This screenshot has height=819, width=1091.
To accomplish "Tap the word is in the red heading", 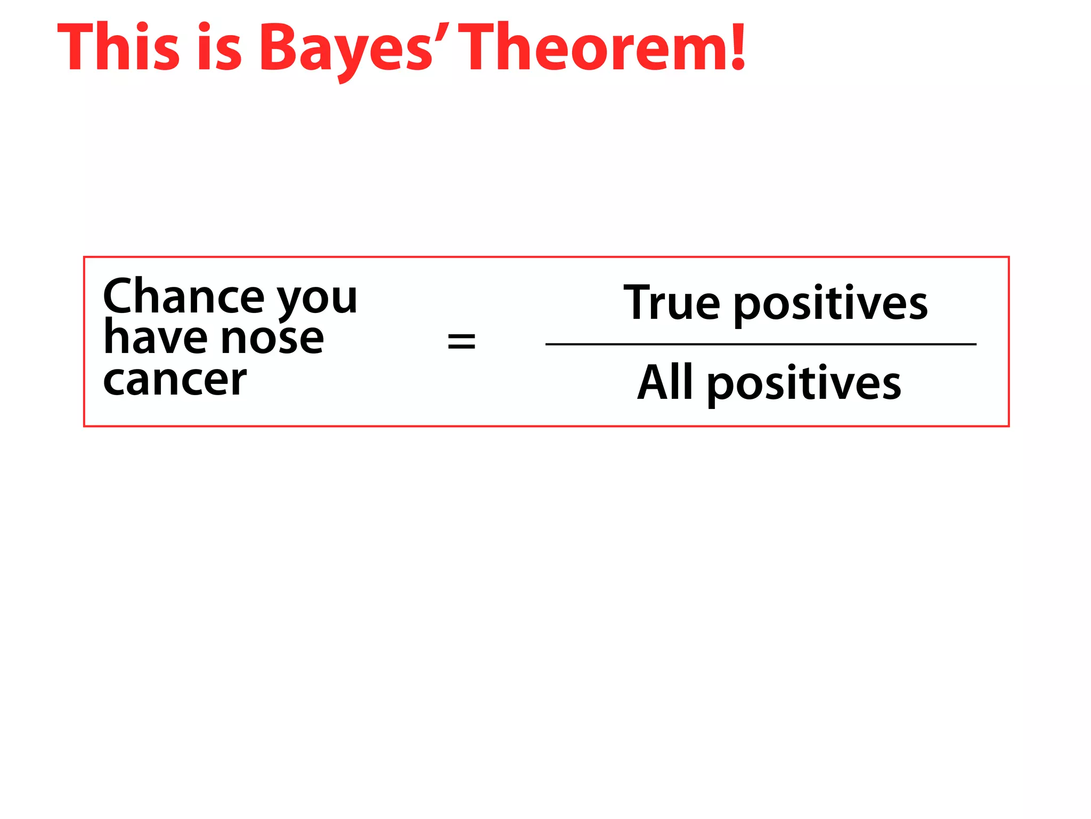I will coord(219,48).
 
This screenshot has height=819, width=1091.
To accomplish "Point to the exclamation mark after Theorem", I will coord(737,47).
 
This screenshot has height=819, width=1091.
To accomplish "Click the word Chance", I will coord(183,296).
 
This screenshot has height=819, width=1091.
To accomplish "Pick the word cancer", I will coord(175,381).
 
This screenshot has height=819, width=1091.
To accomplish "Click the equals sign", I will coord(461,341).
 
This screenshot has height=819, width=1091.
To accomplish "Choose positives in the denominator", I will coord(804,385).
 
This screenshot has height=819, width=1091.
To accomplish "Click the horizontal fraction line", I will coord(761,344).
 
